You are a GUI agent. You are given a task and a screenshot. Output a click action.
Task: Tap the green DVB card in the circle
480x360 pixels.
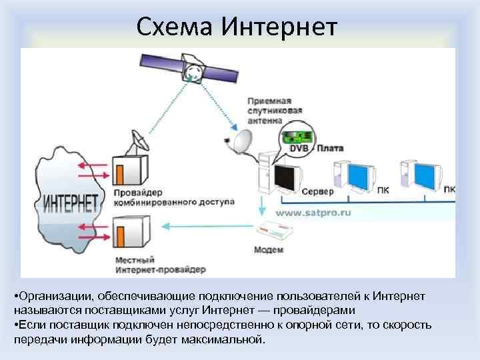coord(293,138)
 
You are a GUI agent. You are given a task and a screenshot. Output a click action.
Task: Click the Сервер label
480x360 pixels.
coord(318,191)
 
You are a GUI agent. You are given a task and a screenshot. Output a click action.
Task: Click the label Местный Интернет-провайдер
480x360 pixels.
coord(159,265)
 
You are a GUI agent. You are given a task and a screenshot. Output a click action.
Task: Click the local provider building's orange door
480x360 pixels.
coord(121,238)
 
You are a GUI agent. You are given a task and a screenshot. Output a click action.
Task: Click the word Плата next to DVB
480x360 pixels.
coord(329,148)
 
